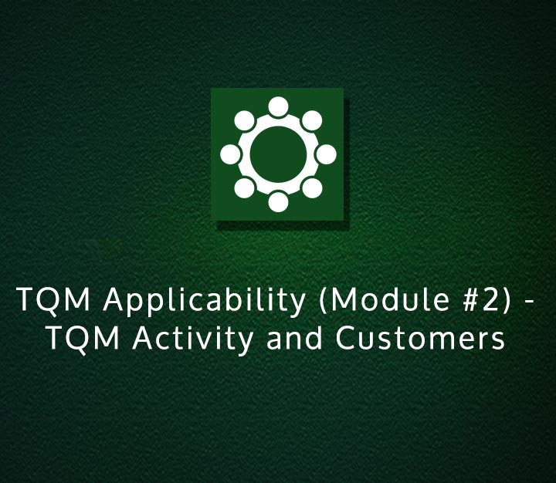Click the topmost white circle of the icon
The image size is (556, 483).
(x=278, y=106)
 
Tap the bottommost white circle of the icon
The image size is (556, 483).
(x=278, y=202)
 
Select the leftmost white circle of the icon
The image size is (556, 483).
(x=230, y=154)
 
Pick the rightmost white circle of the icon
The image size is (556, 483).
(x=326, y=154)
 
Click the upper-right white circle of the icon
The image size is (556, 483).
(x=312, y=120)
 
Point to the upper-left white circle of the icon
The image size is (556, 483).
(x=244, y=120)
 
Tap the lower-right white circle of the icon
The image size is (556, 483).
(x=312, y=188)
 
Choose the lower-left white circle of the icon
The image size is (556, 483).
(x=244, y=188)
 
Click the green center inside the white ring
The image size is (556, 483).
(x=278, y=154)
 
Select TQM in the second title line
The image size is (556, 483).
(x=77, y=339)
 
